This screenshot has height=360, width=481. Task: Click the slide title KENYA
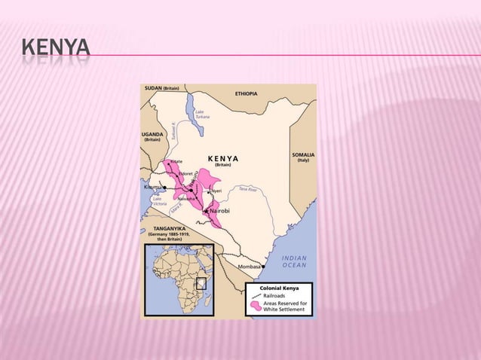coord(55,50)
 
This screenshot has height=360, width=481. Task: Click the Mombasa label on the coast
coord(249,267)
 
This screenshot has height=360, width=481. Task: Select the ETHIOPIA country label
coord(246,93)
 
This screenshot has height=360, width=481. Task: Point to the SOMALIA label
coord(303,154)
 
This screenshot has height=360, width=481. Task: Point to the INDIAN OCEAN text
coord(294,261)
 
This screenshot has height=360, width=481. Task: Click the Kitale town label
coord(176,161)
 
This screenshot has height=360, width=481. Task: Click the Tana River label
coord(247,189)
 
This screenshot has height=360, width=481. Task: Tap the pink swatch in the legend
coord(256,307)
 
